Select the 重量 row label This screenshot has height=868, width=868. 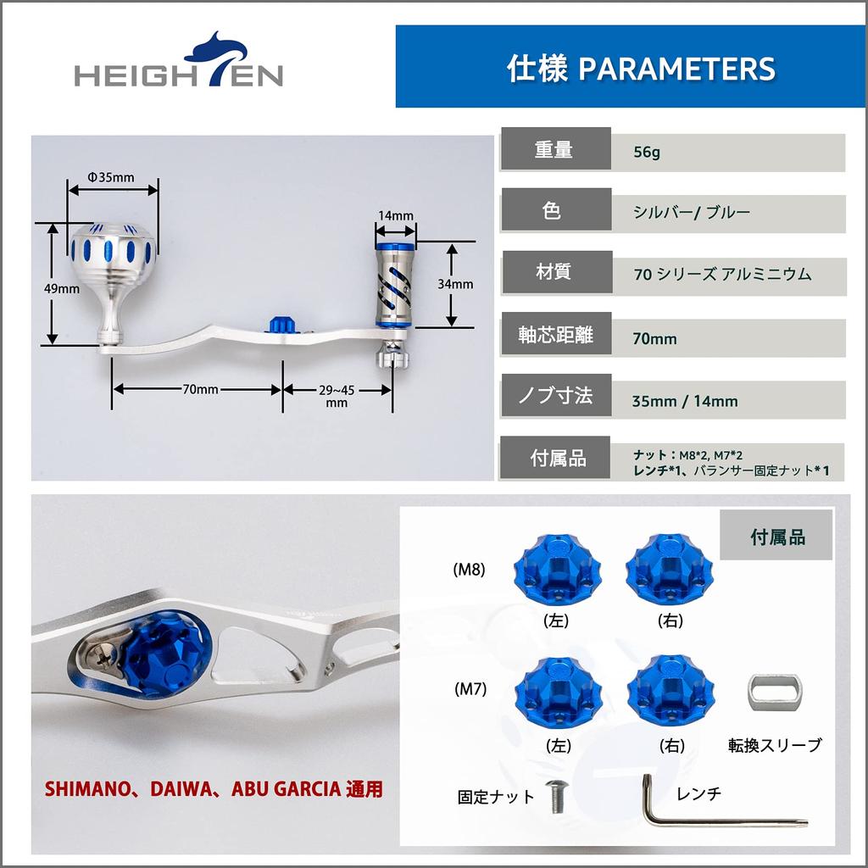(554, 150)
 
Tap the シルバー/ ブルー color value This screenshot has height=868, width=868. (692, 213)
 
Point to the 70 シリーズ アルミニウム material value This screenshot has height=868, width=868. (722, 274)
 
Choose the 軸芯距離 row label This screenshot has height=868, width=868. (555, 336)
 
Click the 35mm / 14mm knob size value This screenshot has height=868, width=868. (685, 401)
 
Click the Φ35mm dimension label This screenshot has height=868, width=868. (111, 177)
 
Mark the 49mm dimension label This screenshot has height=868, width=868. (62, 288)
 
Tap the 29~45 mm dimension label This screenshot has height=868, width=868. (337, 396)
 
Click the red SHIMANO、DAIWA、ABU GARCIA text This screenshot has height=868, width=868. (214, 789)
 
